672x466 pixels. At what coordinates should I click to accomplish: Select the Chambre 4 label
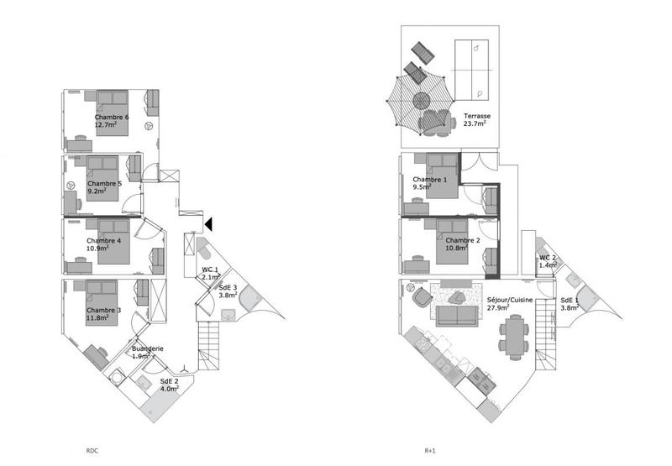[104, 240]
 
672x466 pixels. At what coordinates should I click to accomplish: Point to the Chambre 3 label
[103, 310]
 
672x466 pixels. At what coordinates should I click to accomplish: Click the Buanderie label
[147, 348]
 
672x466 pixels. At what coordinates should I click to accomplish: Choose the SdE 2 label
[170, 381]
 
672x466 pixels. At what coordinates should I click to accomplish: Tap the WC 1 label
[210, 270]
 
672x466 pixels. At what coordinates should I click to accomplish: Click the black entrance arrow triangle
[209, 223]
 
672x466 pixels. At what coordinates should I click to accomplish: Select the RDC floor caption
[93, 450]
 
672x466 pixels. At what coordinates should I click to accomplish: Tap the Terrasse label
[475, 117]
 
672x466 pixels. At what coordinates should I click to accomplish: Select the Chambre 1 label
[429, 180]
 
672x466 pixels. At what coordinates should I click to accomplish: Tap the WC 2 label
[547, 258]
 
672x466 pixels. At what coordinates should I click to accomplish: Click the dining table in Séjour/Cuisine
[513, 337]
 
